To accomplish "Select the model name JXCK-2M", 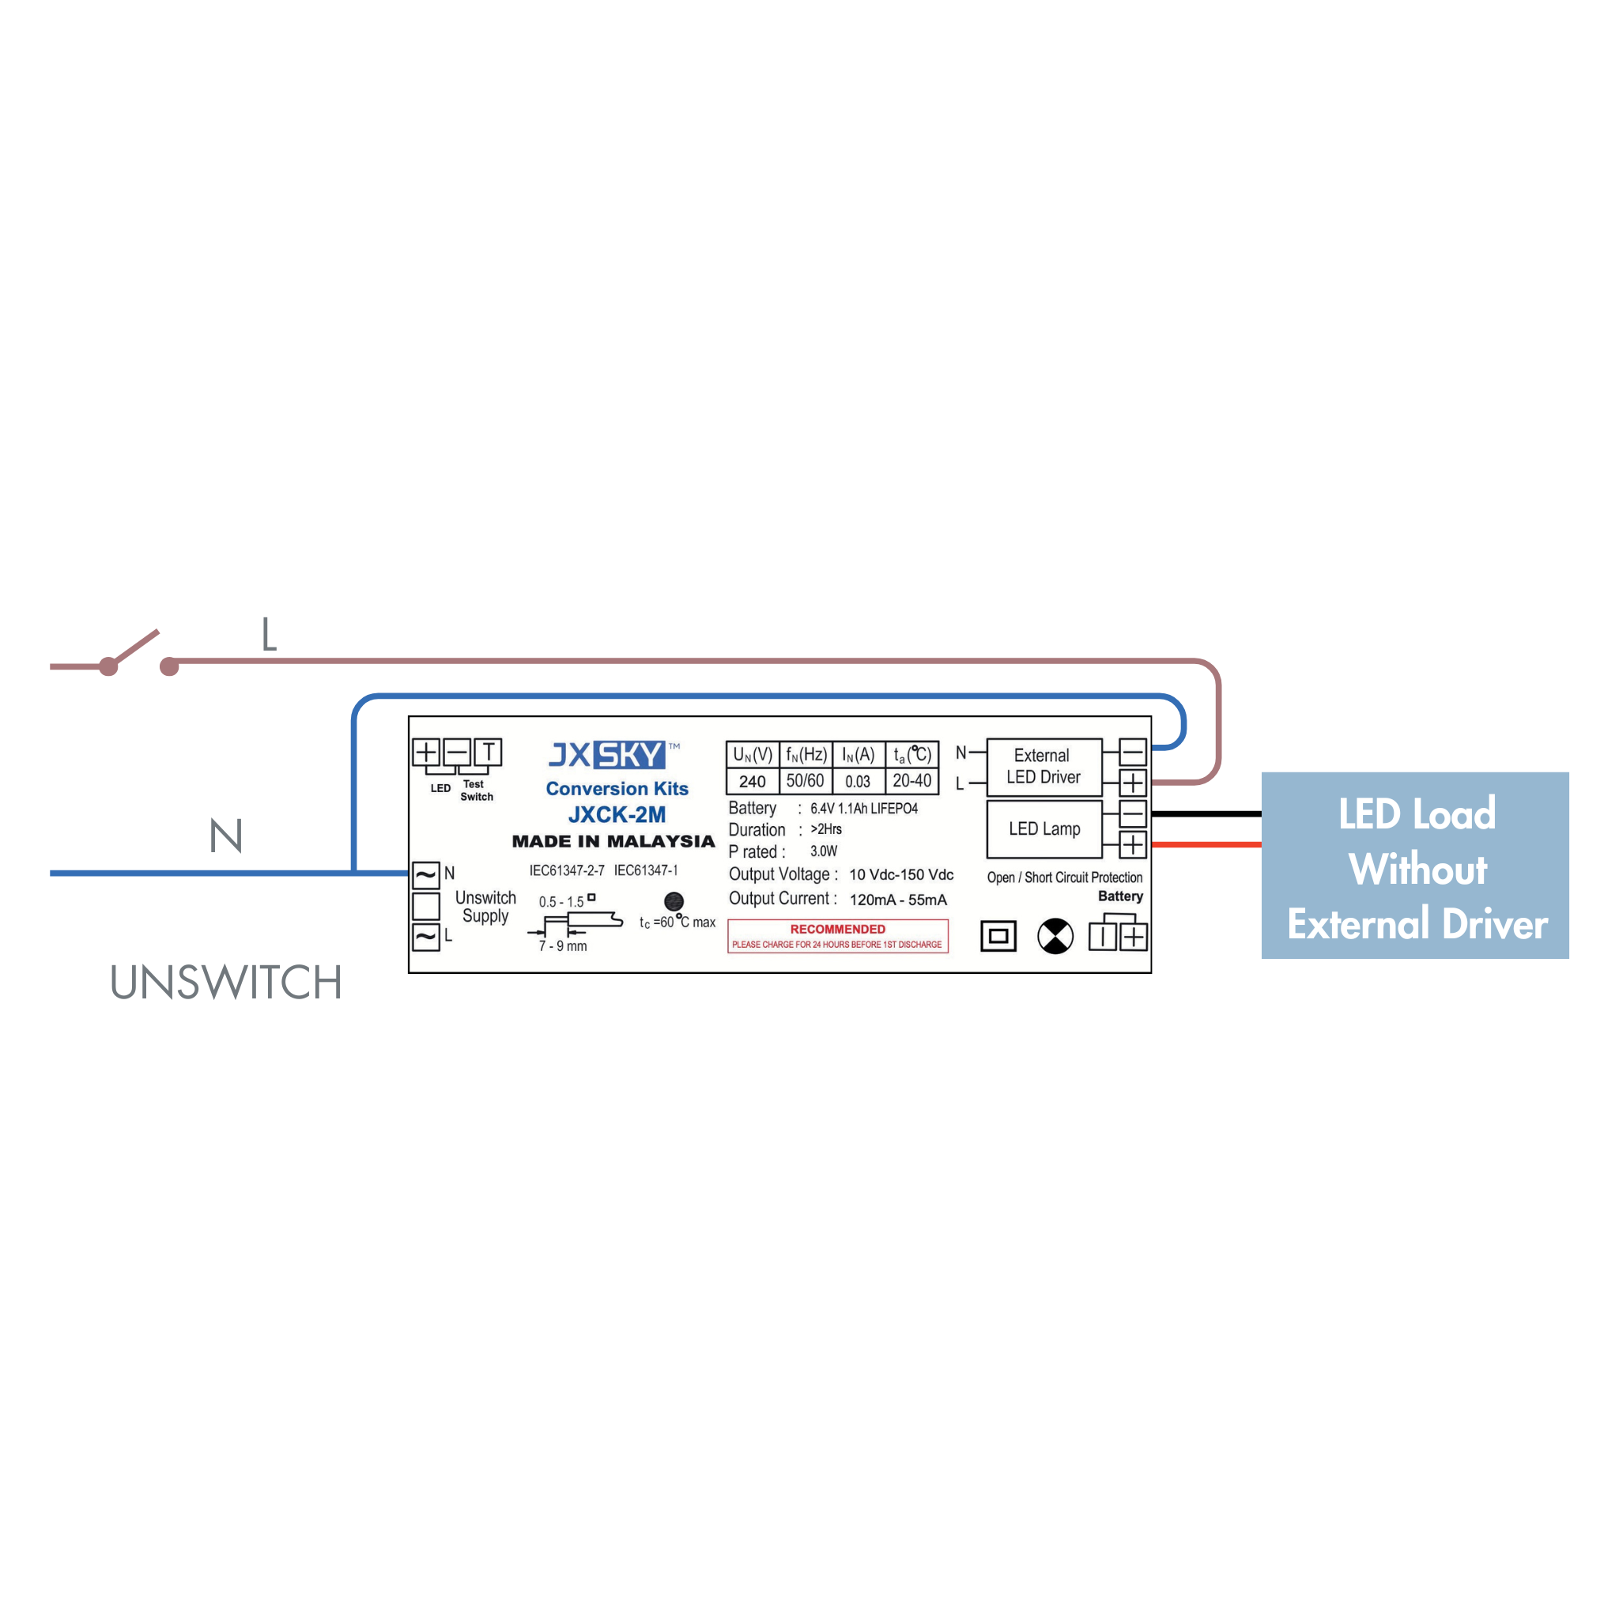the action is [x=617, y=814].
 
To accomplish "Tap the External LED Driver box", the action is [x=1044, y=767].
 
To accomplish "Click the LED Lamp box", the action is [x=1044, y=828].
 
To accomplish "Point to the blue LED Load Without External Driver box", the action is [x=1415, y=866].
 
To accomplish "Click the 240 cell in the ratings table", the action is [x=753, y=781].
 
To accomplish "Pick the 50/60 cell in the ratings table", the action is [x=806, y=781].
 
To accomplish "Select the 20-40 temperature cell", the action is [x=911, y=781].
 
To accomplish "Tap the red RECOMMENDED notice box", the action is [x=838, y=936].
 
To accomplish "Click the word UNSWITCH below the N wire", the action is [x=226, y=982].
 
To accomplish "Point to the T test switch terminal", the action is [x=489, y=752].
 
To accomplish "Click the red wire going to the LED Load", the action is [x=1206, y=845].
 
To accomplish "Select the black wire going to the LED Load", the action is [x=1206, y=813].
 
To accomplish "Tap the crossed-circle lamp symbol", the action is [x=1055, y=936].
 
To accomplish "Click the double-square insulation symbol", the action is [x=998, y=936].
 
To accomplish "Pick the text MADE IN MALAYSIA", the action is [x=613, y=841].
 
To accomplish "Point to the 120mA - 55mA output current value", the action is [x=898, y=900].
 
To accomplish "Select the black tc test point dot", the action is [x=674, y=902].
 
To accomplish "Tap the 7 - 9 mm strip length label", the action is [x=563, y=946].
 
